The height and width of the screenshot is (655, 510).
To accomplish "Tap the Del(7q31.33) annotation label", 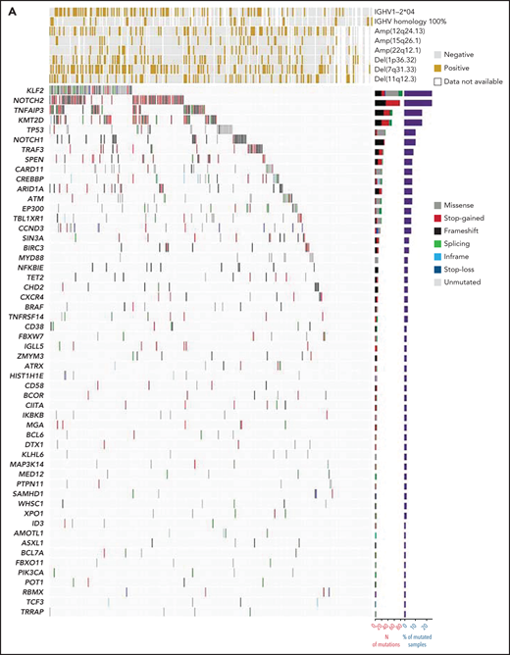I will tap(401, 69).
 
